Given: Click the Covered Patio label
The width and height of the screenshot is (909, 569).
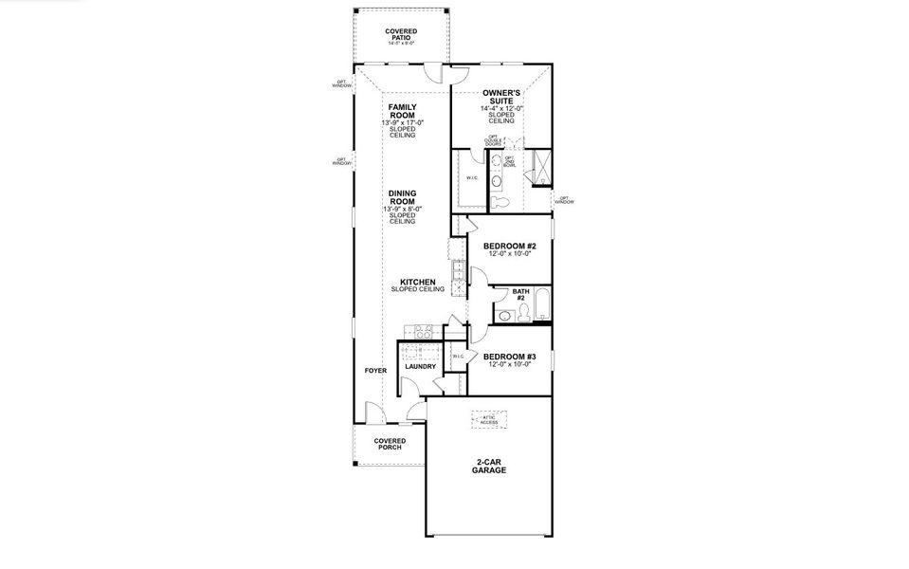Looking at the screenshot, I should pos(401,34).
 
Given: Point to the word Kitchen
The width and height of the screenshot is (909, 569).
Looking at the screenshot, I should pos(417,282).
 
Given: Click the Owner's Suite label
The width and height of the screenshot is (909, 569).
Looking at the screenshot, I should pos(501,96).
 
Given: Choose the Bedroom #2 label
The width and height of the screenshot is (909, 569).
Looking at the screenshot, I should pos(510,246).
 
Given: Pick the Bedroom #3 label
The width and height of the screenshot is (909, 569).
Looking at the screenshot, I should pos(510,357).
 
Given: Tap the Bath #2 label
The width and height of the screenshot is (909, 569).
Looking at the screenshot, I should pos(519,294).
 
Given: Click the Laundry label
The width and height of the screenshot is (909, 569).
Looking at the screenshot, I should pos(420,366).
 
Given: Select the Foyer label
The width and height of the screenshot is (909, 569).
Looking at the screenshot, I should pos(375,370).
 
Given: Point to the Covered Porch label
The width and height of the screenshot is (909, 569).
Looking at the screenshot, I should pos(390,444).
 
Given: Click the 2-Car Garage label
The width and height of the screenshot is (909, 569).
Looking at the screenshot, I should pos(489,466).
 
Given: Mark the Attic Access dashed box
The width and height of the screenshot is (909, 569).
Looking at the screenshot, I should pos(489,419).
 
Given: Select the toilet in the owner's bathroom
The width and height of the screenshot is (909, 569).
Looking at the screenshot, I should pos(503,202).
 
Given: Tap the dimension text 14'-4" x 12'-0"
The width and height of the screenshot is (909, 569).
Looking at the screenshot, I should pos(501,108).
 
